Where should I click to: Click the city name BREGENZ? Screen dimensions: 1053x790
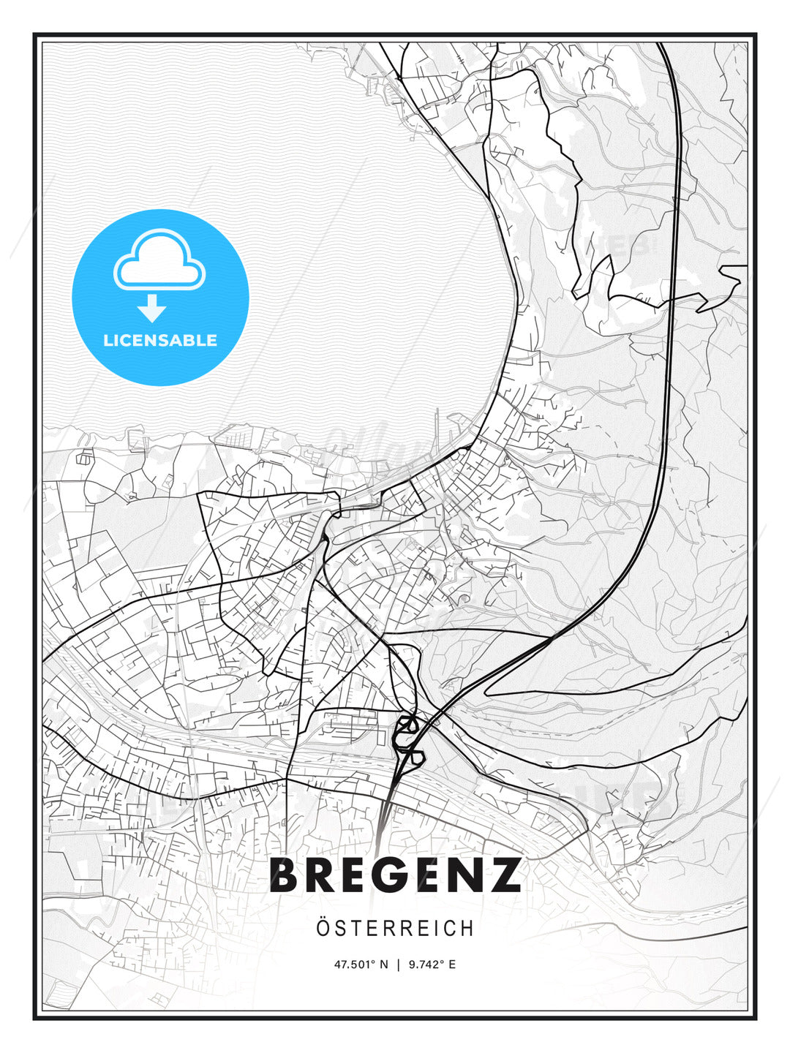[x=395, y=875]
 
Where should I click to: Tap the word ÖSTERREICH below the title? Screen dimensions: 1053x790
[x=395, y=929]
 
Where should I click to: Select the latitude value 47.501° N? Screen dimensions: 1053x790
[x=361, y=965]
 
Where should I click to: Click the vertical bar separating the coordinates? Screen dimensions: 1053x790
[x=398, y=965]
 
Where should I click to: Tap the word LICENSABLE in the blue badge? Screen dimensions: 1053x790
[x=160, y=341]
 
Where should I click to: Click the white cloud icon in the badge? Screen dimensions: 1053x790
[x=159, y=260]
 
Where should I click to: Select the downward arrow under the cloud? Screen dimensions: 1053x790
[x=152, y=309]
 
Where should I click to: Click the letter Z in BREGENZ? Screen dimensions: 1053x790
[x=503, y=875]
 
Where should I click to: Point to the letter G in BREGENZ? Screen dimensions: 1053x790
[x=395, y=875]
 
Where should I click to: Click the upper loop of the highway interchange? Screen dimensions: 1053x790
[x=407, y=725]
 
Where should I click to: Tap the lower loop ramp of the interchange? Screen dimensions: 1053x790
[x=414, y=756]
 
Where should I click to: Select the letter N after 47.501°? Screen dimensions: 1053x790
[x=384, y=965]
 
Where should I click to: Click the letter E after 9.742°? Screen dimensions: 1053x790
[x=452, y=965]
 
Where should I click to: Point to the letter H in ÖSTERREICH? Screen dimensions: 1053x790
[x=468, y=929]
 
